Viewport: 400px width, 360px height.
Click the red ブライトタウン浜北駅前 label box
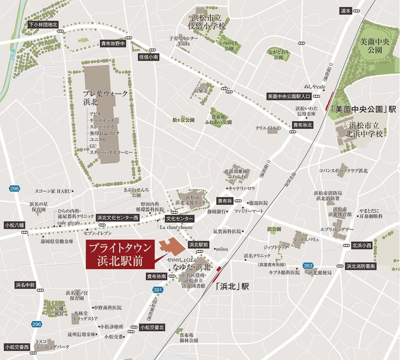[118, 255]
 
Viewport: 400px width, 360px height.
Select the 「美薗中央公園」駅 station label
[363, 109]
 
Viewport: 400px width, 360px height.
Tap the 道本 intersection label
[345, 11]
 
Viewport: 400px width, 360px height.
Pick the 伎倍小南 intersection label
[148, 57]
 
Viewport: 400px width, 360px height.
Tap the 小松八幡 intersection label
[16, 225]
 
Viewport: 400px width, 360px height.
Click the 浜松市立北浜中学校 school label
[366, 130]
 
